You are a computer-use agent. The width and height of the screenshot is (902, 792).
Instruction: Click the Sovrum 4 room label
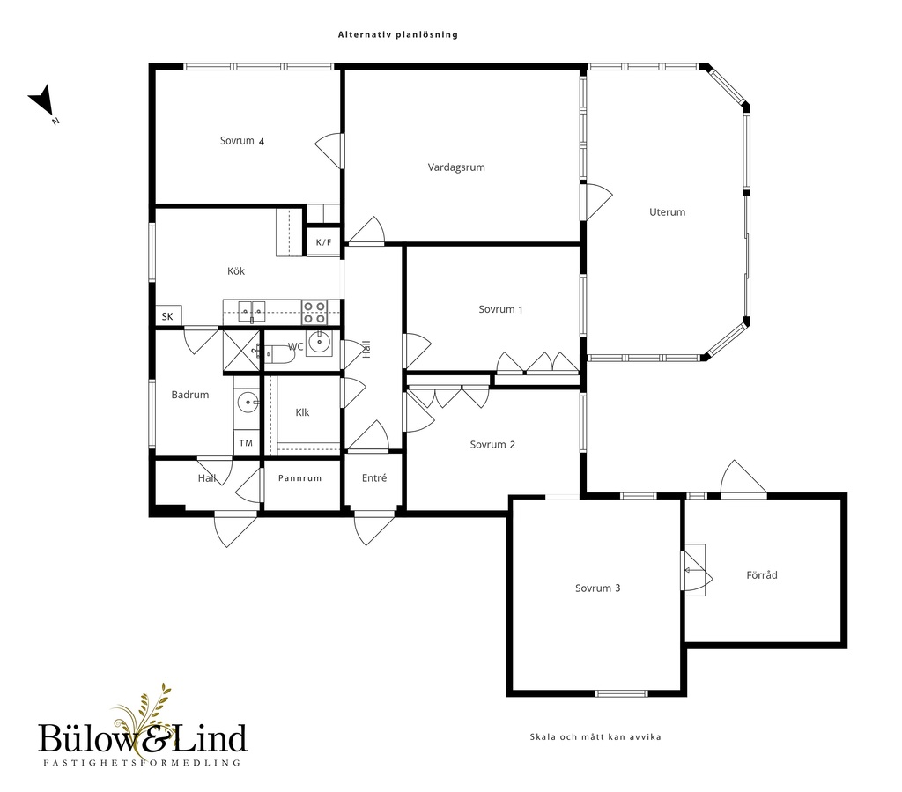[242, 141]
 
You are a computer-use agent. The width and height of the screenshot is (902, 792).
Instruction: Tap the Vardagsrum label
[456, 167]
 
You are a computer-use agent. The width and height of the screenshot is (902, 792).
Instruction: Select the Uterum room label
[668, 211]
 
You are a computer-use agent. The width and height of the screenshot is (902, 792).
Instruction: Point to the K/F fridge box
[324, 242]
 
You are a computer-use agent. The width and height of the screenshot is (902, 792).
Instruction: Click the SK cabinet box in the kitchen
[168, 315]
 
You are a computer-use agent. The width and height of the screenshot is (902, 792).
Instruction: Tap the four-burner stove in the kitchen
[314, 313]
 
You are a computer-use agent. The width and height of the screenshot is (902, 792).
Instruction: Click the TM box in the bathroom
[247, 443]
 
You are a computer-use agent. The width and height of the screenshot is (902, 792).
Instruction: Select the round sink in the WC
[318, 342]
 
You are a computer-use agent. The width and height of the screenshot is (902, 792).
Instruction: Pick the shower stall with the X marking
[241, 351]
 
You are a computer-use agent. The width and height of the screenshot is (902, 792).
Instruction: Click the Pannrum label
[299, 478]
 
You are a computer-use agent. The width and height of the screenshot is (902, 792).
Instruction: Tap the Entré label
[374, 477]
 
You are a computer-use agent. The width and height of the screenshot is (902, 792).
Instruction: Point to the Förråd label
[762, 574]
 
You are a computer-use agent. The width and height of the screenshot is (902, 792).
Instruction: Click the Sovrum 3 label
[598, 588]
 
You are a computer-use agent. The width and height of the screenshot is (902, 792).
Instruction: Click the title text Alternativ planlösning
[397, 34]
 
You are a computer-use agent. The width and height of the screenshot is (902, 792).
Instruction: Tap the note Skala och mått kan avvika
[595, 736]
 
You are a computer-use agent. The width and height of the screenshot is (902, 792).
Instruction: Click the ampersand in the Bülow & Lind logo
[156, 740]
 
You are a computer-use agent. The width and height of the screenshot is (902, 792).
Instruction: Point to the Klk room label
[302, 412]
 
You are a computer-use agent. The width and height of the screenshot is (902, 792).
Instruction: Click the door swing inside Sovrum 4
[329, 151]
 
